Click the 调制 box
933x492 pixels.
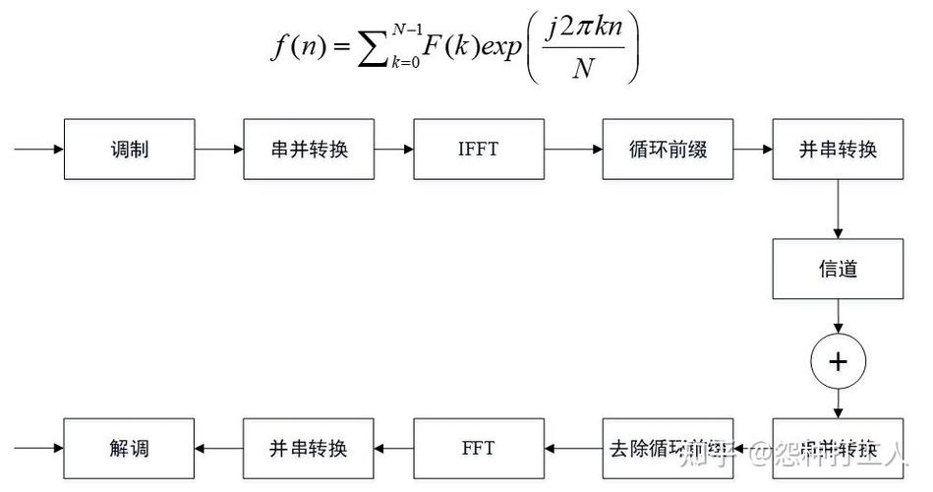point(129,150)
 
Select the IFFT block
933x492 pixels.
point(479,150)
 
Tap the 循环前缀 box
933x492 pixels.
point(668,150)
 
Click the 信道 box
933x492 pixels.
point(837,269)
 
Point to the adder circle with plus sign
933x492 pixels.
point(837,361)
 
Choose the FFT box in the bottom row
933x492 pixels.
point(479,449)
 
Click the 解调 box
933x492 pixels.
point(129,449)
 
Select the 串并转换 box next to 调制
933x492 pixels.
point(309,150)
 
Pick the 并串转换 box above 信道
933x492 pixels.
point(837,150)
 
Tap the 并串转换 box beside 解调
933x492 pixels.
point(309,449)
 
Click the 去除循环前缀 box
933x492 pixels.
point(668,449)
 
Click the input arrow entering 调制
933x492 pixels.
point(38,150)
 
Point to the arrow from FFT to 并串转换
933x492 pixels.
point(394,449)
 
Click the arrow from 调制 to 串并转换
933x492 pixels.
point(218,150)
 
